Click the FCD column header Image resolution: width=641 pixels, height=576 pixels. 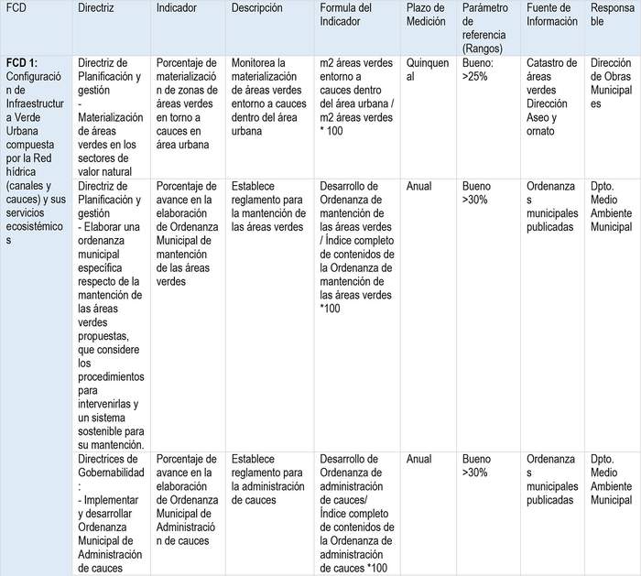(x=16, y=7)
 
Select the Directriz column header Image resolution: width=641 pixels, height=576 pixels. (x=96, y=7)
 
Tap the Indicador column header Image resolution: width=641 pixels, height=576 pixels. (x=177, y=7)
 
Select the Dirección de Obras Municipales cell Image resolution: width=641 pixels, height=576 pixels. (x=611, y=83)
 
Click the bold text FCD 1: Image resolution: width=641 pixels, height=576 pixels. (x=22, y=62)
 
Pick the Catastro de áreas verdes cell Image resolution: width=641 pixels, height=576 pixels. (x=553, y=97)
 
